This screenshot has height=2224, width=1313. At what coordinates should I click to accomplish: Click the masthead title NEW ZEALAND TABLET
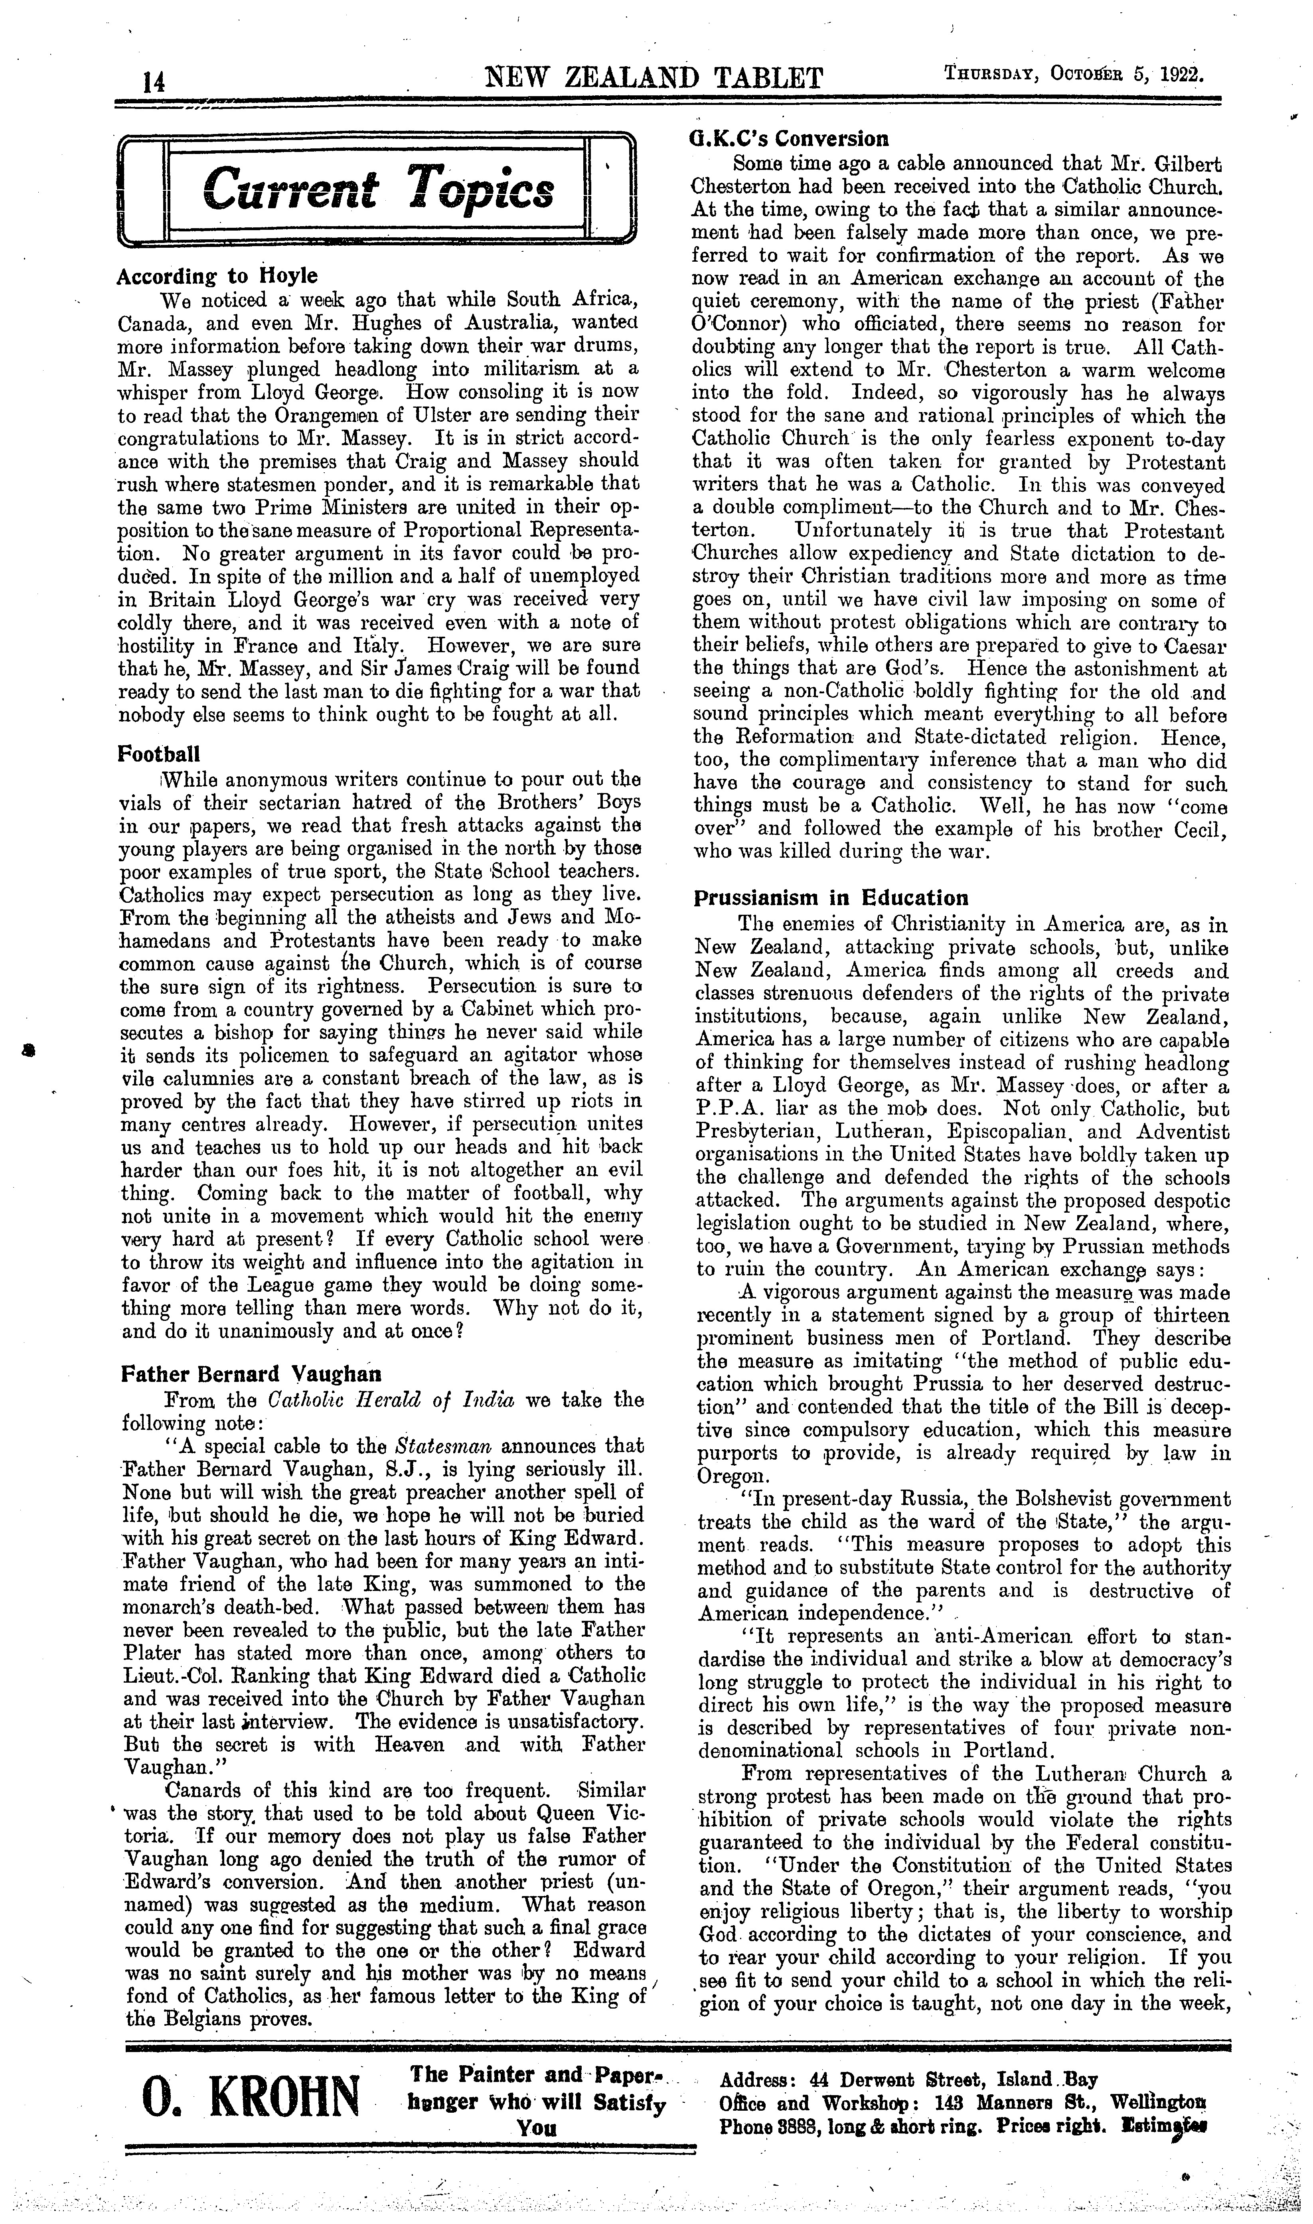point(655,78)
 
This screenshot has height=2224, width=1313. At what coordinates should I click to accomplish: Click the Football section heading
point(158,755)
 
